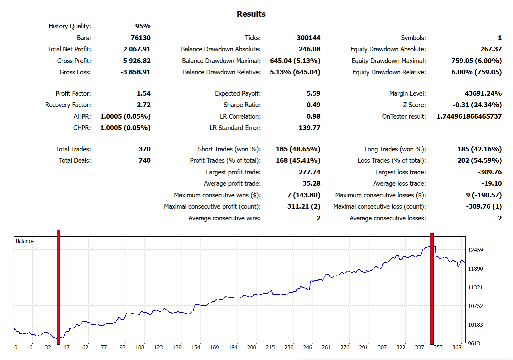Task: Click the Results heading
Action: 251,14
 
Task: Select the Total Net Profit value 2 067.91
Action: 137,49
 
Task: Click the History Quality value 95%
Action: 143,26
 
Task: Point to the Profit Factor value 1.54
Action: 144,94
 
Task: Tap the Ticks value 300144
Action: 308,38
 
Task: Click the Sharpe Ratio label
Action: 242,105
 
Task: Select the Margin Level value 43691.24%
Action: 483,94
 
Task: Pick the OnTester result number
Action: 469,117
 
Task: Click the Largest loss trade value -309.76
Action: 489,172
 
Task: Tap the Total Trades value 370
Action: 145,149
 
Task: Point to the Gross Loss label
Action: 75,72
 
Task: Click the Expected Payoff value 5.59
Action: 313,94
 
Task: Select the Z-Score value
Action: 477,105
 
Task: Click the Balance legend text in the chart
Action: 25,241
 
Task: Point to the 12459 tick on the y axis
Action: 475,250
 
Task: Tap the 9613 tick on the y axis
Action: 474,344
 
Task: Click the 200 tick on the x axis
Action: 252,348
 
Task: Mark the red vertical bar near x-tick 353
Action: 432,288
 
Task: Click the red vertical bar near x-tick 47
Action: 58,287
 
